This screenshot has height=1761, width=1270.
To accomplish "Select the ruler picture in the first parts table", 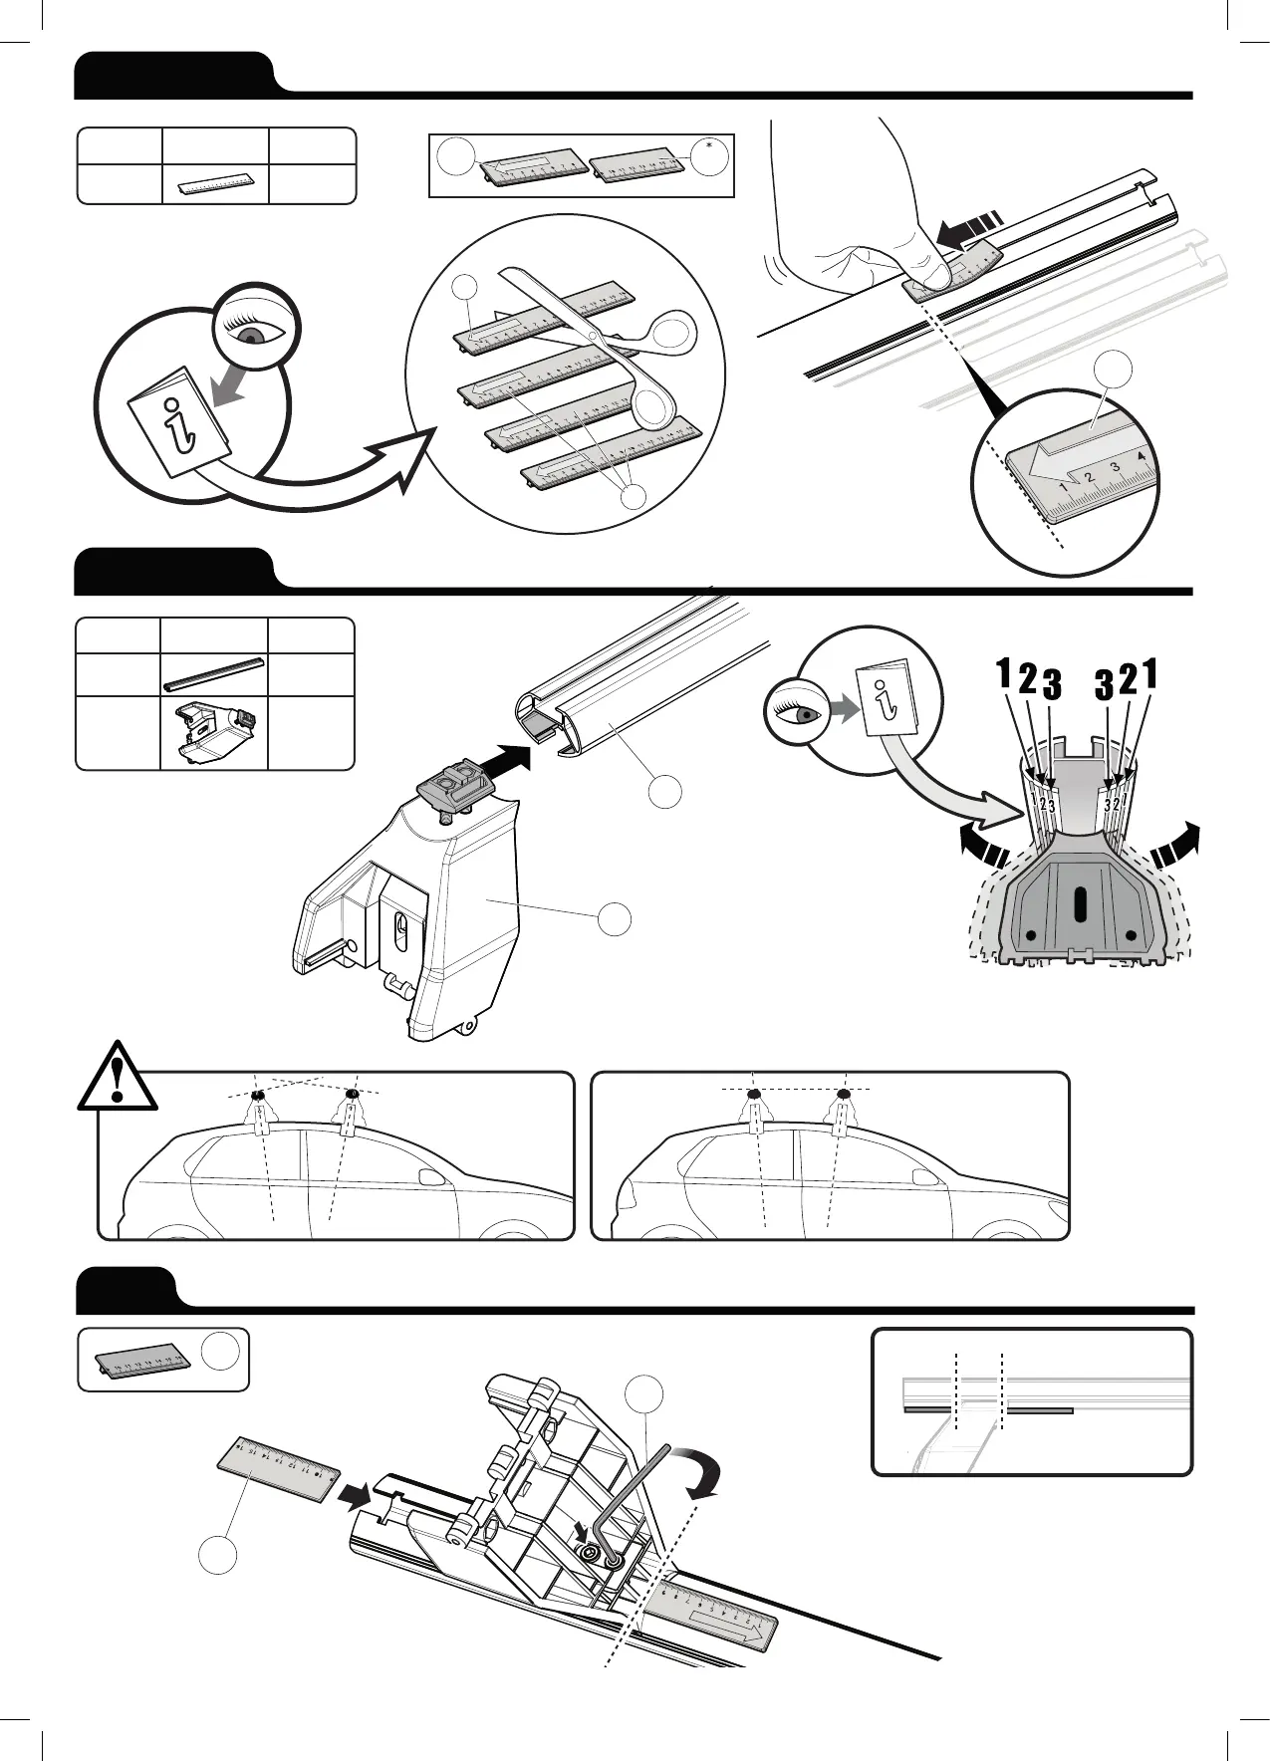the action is (215, 185).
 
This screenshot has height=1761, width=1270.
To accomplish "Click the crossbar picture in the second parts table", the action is (214, 673).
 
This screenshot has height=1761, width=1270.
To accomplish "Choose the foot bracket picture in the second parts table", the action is (214, 732).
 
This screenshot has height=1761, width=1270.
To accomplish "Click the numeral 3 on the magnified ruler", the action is (1115, 466).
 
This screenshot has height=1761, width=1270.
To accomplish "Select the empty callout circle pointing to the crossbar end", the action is (666, 792).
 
